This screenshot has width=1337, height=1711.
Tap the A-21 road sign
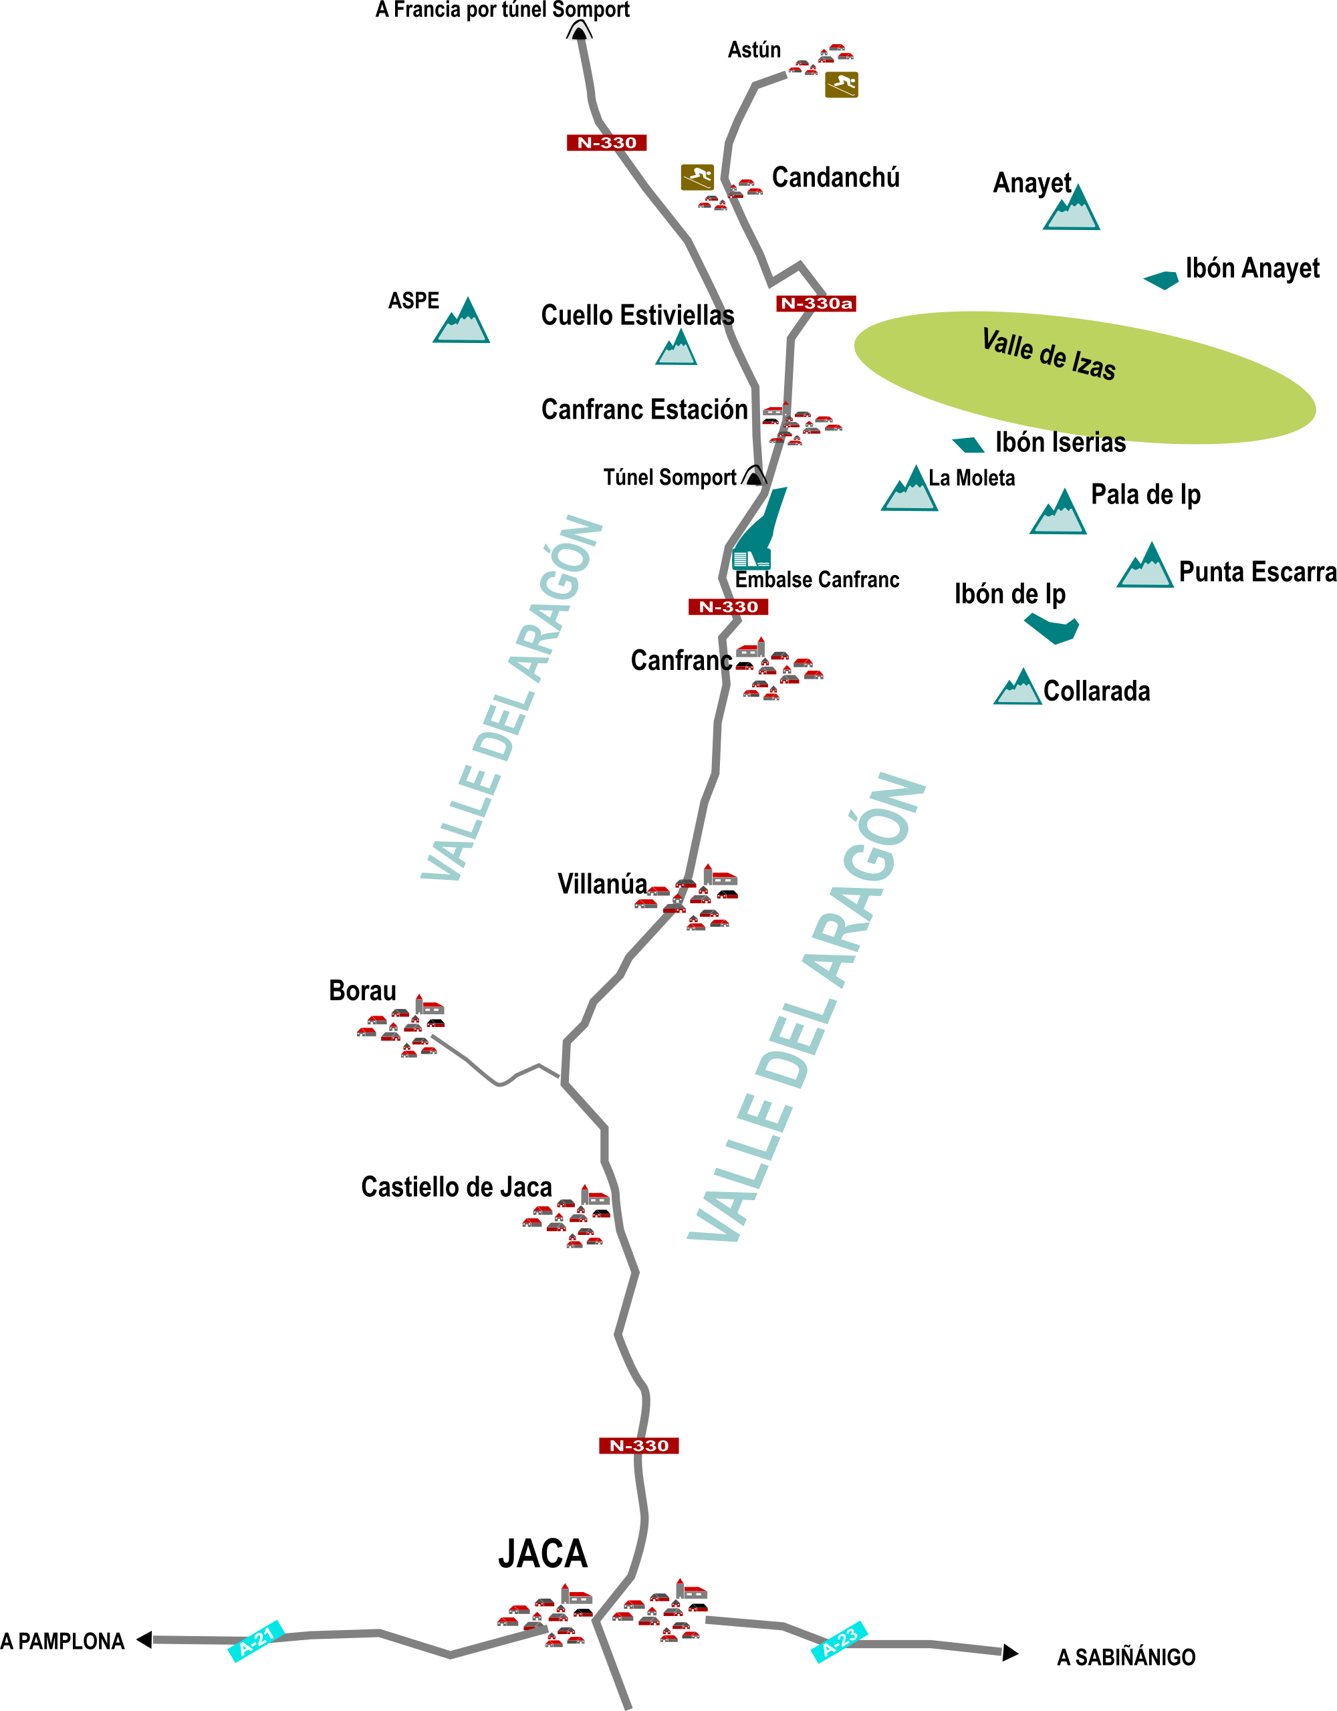click(255, 1639)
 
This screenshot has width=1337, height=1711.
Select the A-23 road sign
click(839, 1641)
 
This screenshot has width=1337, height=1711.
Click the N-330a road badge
click(816, 303)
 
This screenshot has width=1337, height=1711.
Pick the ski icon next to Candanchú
click(697, 177)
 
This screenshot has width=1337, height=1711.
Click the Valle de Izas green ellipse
click(1084, 378)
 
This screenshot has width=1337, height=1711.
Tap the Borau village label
click(362, 991)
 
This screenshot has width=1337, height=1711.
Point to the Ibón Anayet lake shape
click(1162, 279)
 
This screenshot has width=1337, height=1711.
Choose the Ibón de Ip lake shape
click(1052, 629)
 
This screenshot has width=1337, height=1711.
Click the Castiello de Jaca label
click(456, 1187)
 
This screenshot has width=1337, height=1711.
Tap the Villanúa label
click(602, 884)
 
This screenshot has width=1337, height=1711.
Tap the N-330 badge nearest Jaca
click(638, 1446)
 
